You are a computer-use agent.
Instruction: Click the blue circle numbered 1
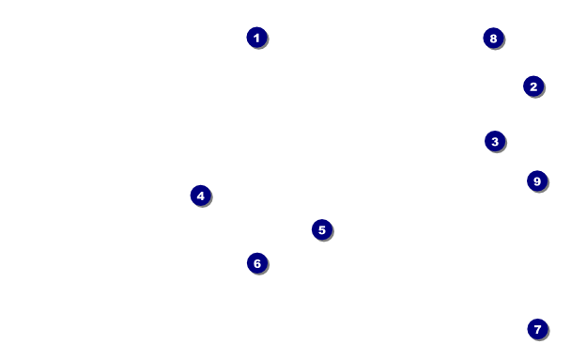257,38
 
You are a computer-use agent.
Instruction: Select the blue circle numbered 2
533,86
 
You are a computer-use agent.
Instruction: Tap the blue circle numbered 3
495,141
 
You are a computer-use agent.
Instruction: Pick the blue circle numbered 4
201,196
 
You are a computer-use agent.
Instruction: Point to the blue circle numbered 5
322,229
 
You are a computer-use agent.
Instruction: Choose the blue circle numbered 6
257,263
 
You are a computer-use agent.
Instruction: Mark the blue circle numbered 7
537,329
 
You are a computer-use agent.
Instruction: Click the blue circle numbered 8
493,38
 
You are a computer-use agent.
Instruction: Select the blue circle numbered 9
537,180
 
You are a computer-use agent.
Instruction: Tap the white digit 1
256,38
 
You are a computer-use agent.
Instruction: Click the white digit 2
533,86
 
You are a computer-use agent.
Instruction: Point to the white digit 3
495,142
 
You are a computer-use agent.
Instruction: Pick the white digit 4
201,196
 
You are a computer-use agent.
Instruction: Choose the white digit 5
322,230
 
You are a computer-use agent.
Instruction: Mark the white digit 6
257,263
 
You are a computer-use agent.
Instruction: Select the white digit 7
537,329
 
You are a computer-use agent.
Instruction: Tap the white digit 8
493,39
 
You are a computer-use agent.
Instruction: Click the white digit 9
537,181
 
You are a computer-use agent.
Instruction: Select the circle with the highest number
537,180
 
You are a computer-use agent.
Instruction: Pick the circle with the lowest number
257,38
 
